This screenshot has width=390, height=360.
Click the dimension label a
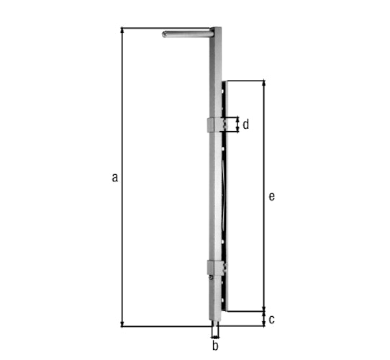click(x=114, y=178)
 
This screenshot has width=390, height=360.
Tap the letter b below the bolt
click(x=215, y=346)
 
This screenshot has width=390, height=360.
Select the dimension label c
click(x=271, y=319)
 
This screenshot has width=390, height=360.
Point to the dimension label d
click(x=246, y=125)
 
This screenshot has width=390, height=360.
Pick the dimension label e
click(x=272, y=197)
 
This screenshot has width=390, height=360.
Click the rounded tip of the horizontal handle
click(x=164, y=35)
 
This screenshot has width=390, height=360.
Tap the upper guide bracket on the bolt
click(x=217, y=125)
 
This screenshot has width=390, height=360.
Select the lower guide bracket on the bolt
click(x=217, y=267)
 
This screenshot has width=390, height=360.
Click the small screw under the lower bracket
click(x=211, y=277)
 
